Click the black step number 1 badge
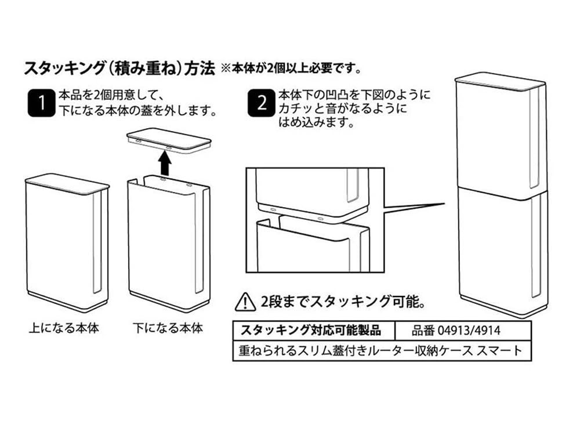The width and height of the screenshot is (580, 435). (41, 103)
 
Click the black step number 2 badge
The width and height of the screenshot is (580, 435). (261, 103)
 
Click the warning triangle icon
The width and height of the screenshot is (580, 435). (245, 302)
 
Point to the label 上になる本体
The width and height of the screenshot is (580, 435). (64, 328)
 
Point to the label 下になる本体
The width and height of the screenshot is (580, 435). (168, 328)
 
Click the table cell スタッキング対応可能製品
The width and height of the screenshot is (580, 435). (314, 331)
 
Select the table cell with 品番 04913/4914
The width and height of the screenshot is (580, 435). (463, 331)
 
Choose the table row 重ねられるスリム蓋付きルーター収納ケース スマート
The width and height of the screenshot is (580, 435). (382, 350)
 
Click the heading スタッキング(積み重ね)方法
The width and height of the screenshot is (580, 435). (119, 69)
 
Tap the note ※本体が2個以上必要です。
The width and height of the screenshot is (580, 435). (291, 69)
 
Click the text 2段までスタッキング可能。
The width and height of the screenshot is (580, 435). (343, 302)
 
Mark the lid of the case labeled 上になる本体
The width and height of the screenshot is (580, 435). (67, 184)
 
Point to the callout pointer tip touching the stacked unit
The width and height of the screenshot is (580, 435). (445, 204)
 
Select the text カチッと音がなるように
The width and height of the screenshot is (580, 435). (343, 109)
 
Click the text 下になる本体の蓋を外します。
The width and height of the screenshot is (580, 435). (137, 111)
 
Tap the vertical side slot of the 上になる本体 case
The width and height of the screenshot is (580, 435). (97, 242)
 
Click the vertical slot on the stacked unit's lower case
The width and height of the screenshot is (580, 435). (535, 245)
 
